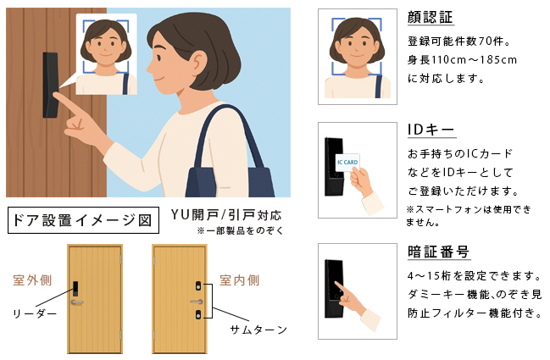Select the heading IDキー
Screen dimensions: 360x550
(x=431, y=130)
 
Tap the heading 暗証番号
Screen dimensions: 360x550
(x=438, y=252)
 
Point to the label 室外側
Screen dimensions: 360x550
(x=33, y=280)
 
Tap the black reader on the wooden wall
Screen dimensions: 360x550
(x=50, y=85)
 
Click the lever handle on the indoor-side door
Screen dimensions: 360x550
(x=197, y=302)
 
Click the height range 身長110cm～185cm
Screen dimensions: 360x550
(x=462, y=59)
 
